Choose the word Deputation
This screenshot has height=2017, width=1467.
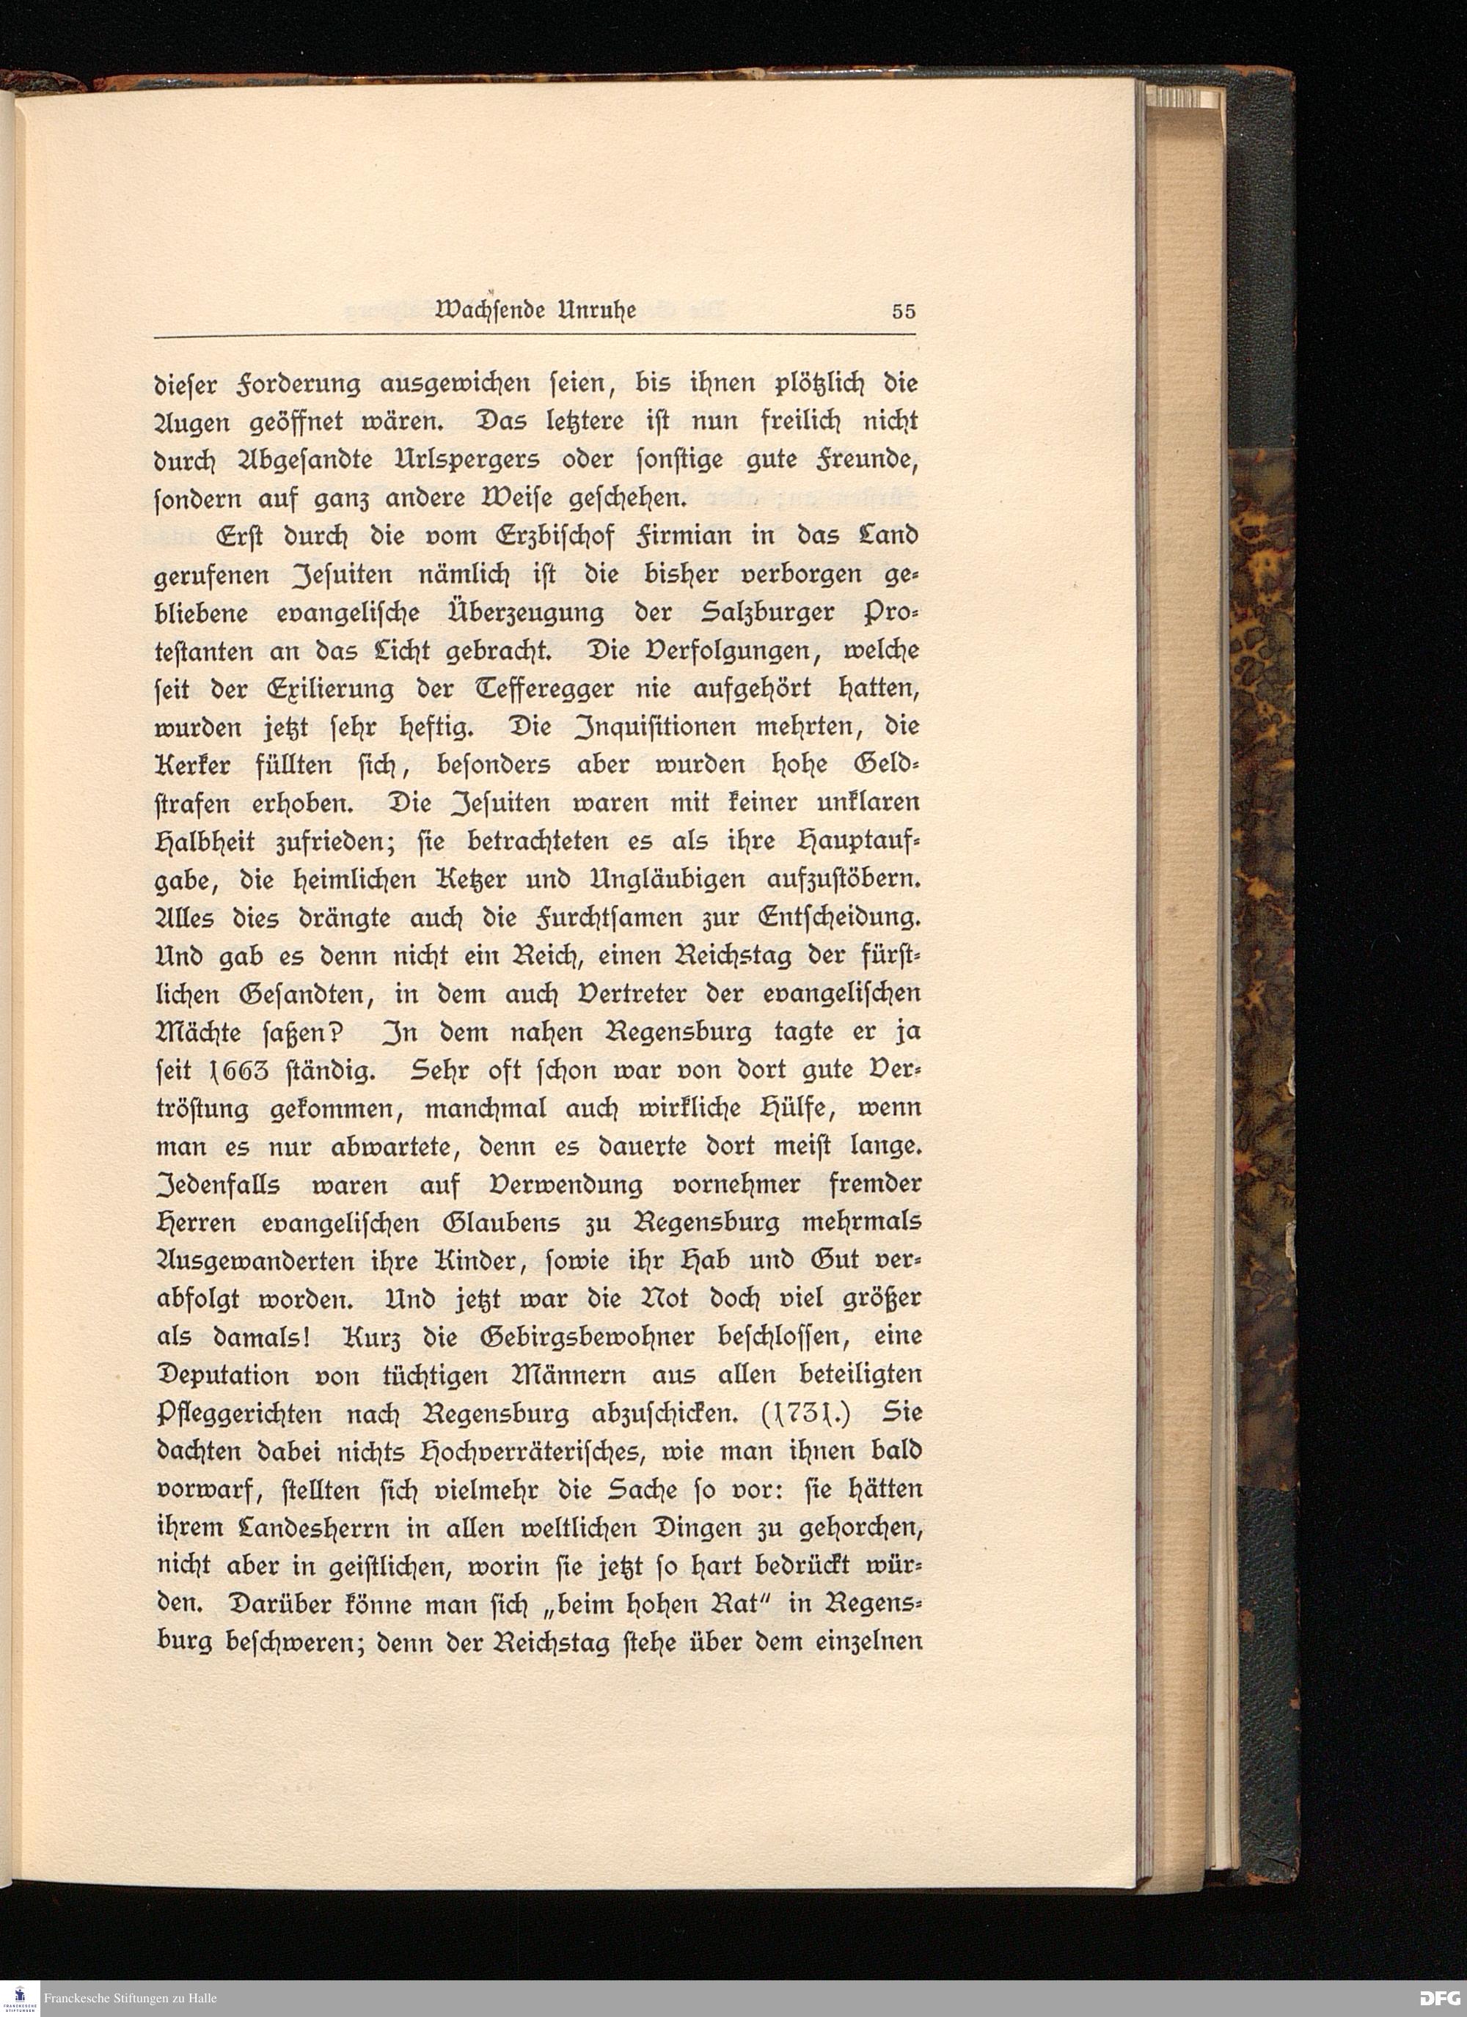tap(223, 1375)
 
